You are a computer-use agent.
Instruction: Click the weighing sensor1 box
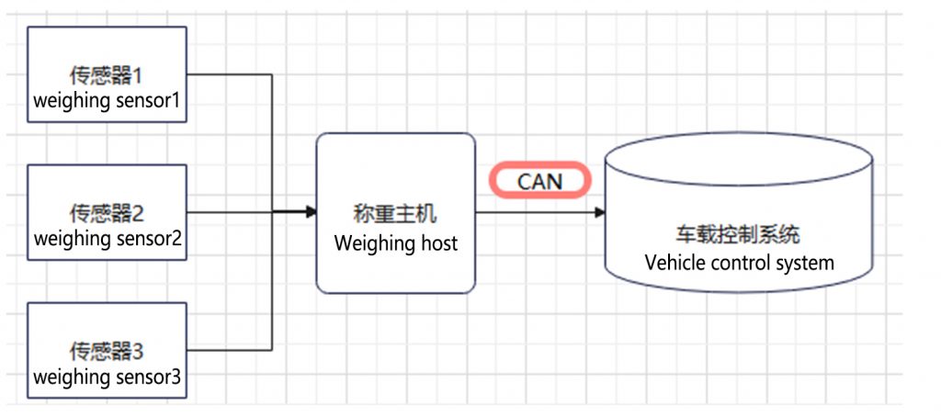[108, 74]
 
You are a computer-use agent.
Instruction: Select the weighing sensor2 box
[108, 212]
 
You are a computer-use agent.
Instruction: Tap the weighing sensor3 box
[108, 350]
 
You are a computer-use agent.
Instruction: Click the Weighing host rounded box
[396, 212]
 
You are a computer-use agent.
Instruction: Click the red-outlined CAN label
[539, 180]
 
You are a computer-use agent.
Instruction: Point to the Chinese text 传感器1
[108, 74]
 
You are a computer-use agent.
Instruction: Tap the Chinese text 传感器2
[108, 215]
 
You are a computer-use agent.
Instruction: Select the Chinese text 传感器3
[108, 352]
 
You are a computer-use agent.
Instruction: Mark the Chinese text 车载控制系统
[737, 236]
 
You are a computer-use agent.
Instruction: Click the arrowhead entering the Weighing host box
[312, 212]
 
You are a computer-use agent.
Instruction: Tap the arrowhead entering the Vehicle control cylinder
[600, 212]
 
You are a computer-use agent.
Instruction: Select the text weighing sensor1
[108, 100]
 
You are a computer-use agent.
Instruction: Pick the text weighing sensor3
[108, 377]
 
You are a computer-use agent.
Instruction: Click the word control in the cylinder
[739, 263]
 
